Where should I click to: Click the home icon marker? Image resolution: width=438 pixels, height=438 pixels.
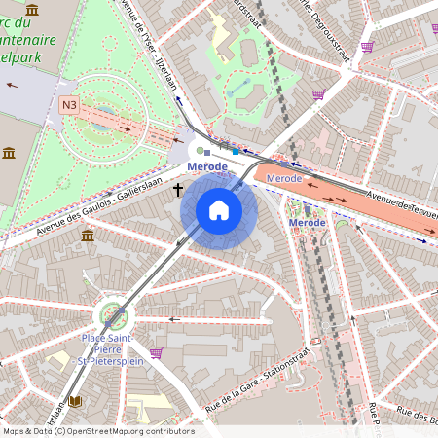click(218, 210)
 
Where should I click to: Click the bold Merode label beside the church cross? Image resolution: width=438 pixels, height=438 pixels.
click(206, 167)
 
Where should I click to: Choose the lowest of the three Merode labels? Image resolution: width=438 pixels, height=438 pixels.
click(308, 223)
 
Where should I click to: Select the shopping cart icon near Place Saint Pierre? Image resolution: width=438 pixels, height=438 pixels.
click(156, 352)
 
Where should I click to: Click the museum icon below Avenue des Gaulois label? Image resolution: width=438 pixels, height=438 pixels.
click(88, 237)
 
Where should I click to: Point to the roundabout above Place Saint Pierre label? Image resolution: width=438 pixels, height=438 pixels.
click(112, 315)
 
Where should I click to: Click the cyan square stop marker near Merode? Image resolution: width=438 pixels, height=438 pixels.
click(235, 152)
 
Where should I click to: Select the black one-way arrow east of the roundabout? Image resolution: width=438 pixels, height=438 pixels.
click(175, 318)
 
